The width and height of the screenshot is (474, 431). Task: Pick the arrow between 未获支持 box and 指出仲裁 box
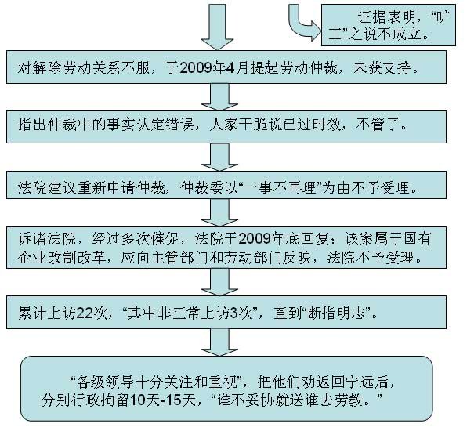(x=219, y=97)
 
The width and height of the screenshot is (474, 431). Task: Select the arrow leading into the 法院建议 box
(x=219, y=157)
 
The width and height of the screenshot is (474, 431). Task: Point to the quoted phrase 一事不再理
(x=280, y=188)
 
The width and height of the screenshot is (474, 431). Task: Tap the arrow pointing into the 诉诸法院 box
(x=219, y=212)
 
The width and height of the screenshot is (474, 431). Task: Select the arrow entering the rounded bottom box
(x=219, y=342)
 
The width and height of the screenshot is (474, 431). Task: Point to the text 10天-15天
(x=164, y=400)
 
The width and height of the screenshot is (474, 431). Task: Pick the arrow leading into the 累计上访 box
(x=219, y=282)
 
